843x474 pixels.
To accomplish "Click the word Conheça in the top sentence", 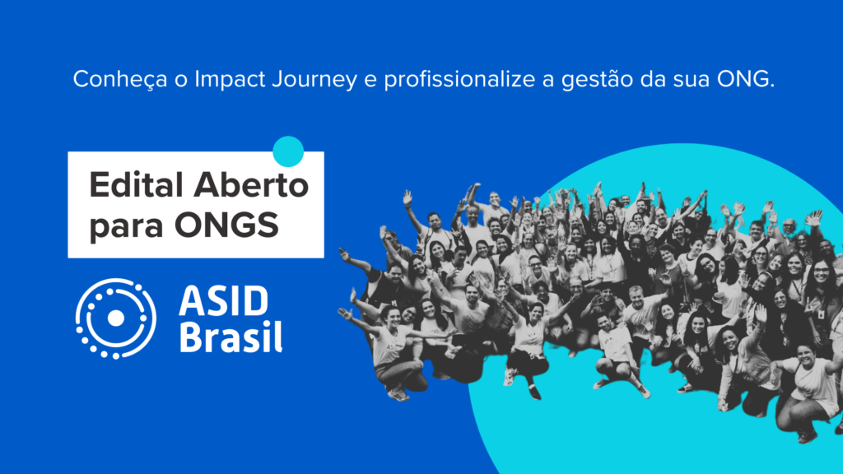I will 108,80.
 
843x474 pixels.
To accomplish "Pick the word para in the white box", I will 124,225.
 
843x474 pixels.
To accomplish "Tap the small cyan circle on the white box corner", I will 288,151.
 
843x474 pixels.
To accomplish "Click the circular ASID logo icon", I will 115,318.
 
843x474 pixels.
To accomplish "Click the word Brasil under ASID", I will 231,337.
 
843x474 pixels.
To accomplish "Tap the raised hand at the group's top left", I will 407,197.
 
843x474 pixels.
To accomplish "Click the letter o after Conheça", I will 152,81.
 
